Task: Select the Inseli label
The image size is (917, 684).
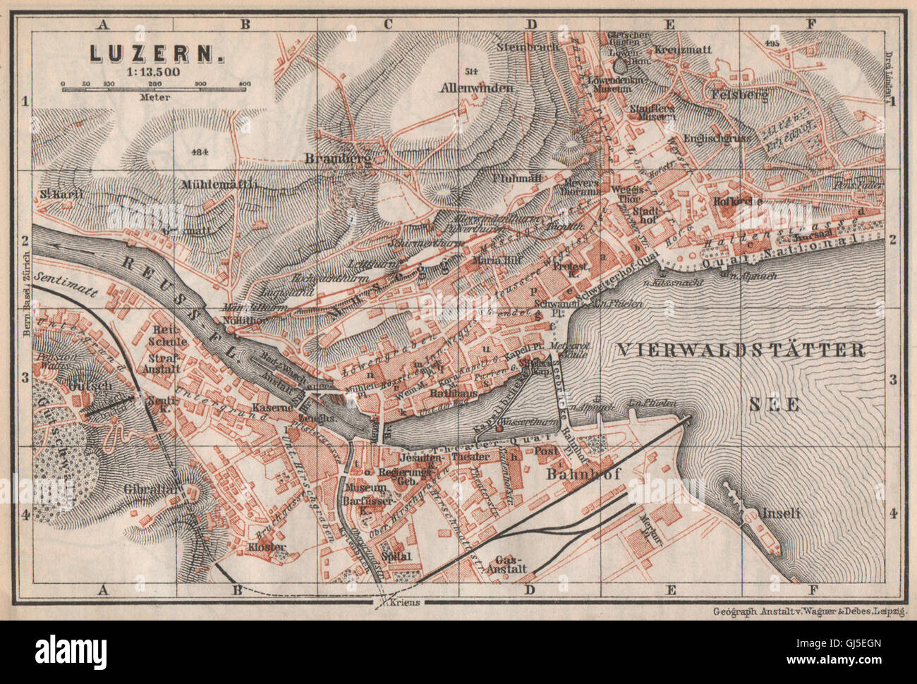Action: point(780,514)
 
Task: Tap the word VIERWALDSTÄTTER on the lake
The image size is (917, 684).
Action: point(740,349)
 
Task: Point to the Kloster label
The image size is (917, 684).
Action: point(267,546)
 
